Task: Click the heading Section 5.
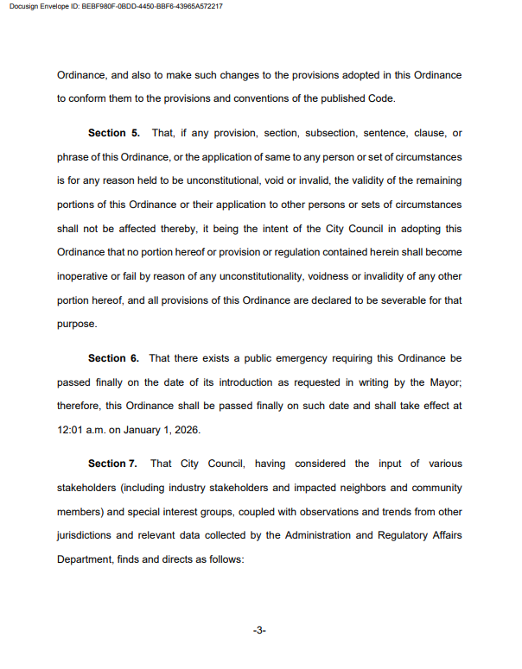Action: point(113,134)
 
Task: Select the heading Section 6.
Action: point(113,357)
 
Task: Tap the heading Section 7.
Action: point(113,464)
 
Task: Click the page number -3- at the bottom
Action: point(259,631)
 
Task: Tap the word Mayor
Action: point(443,381)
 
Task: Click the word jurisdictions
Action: point(86,535)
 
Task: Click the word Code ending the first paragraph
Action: point(380,98)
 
